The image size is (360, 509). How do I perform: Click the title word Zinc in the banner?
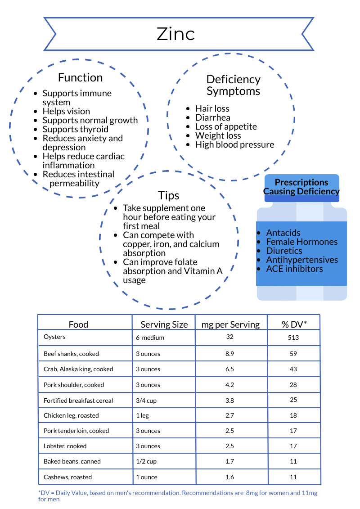(x=175, y=34)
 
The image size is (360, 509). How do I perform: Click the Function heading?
(x=80, y=77)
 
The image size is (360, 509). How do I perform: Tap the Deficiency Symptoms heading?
(x=233, y=85)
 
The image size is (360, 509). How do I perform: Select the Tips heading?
(x=169, y=195)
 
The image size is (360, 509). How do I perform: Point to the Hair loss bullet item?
(x=212, y=108)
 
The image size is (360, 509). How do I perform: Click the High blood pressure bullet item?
(x=234, y=144)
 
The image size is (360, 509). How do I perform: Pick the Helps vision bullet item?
(x=66, y=111)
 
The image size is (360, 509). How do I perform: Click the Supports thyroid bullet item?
(x=75, y=129)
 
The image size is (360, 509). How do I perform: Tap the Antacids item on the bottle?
(x=283, y=233)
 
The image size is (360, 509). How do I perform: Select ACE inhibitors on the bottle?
(x=294, y=269)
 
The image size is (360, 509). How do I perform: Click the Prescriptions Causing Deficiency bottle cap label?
(x=301, y=187)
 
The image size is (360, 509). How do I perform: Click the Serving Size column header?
(x=164, y=324)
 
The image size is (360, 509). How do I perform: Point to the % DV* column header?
(x=294, y=324)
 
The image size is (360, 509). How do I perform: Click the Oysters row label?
(x=54, y=337)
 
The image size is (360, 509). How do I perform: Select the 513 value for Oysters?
(x=294, y=337)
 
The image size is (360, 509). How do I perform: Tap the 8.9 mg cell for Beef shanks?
(x=229, y=354)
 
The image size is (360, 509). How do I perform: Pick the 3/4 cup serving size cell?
(x=146, y=401)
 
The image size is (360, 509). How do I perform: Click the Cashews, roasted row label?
(x=67, y=477)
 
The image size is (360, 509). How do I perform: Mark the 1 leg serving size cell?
(x=142, y=415)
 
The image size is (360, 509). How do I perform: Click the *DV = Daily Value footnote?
(x=177, y=496)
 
